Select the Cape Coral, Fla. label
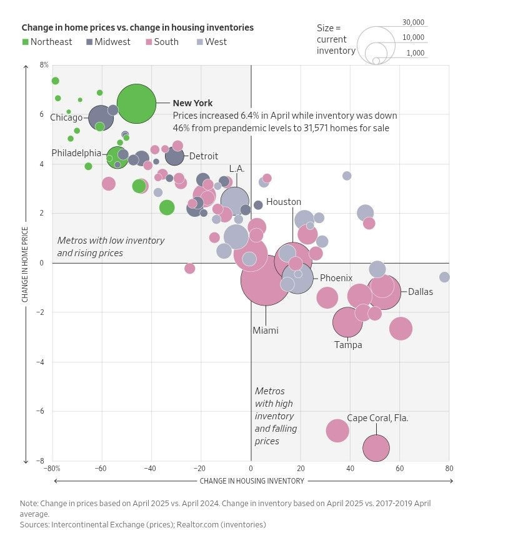(377, 418)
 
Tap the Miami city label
(265, 331)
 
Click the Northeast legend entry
(47, 42)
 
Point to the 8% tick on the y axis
(44, 65)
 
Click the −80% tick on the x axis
(51, 468)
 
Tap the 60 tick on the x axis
(399, 468)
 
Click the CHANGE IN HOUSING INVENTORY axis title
(252, 481)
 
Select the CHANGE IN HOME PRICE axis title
(26, 262)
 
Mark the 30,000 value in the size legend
(413, 22)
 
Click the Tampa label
(348, 344)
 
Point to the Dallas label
(421, 292)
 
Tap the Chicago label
(66, 117)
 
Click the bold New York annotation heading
(192, 103)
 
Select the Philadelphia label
(76, 153)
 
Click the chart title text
(137, 27)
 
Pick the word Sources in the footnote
(35, 524)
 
